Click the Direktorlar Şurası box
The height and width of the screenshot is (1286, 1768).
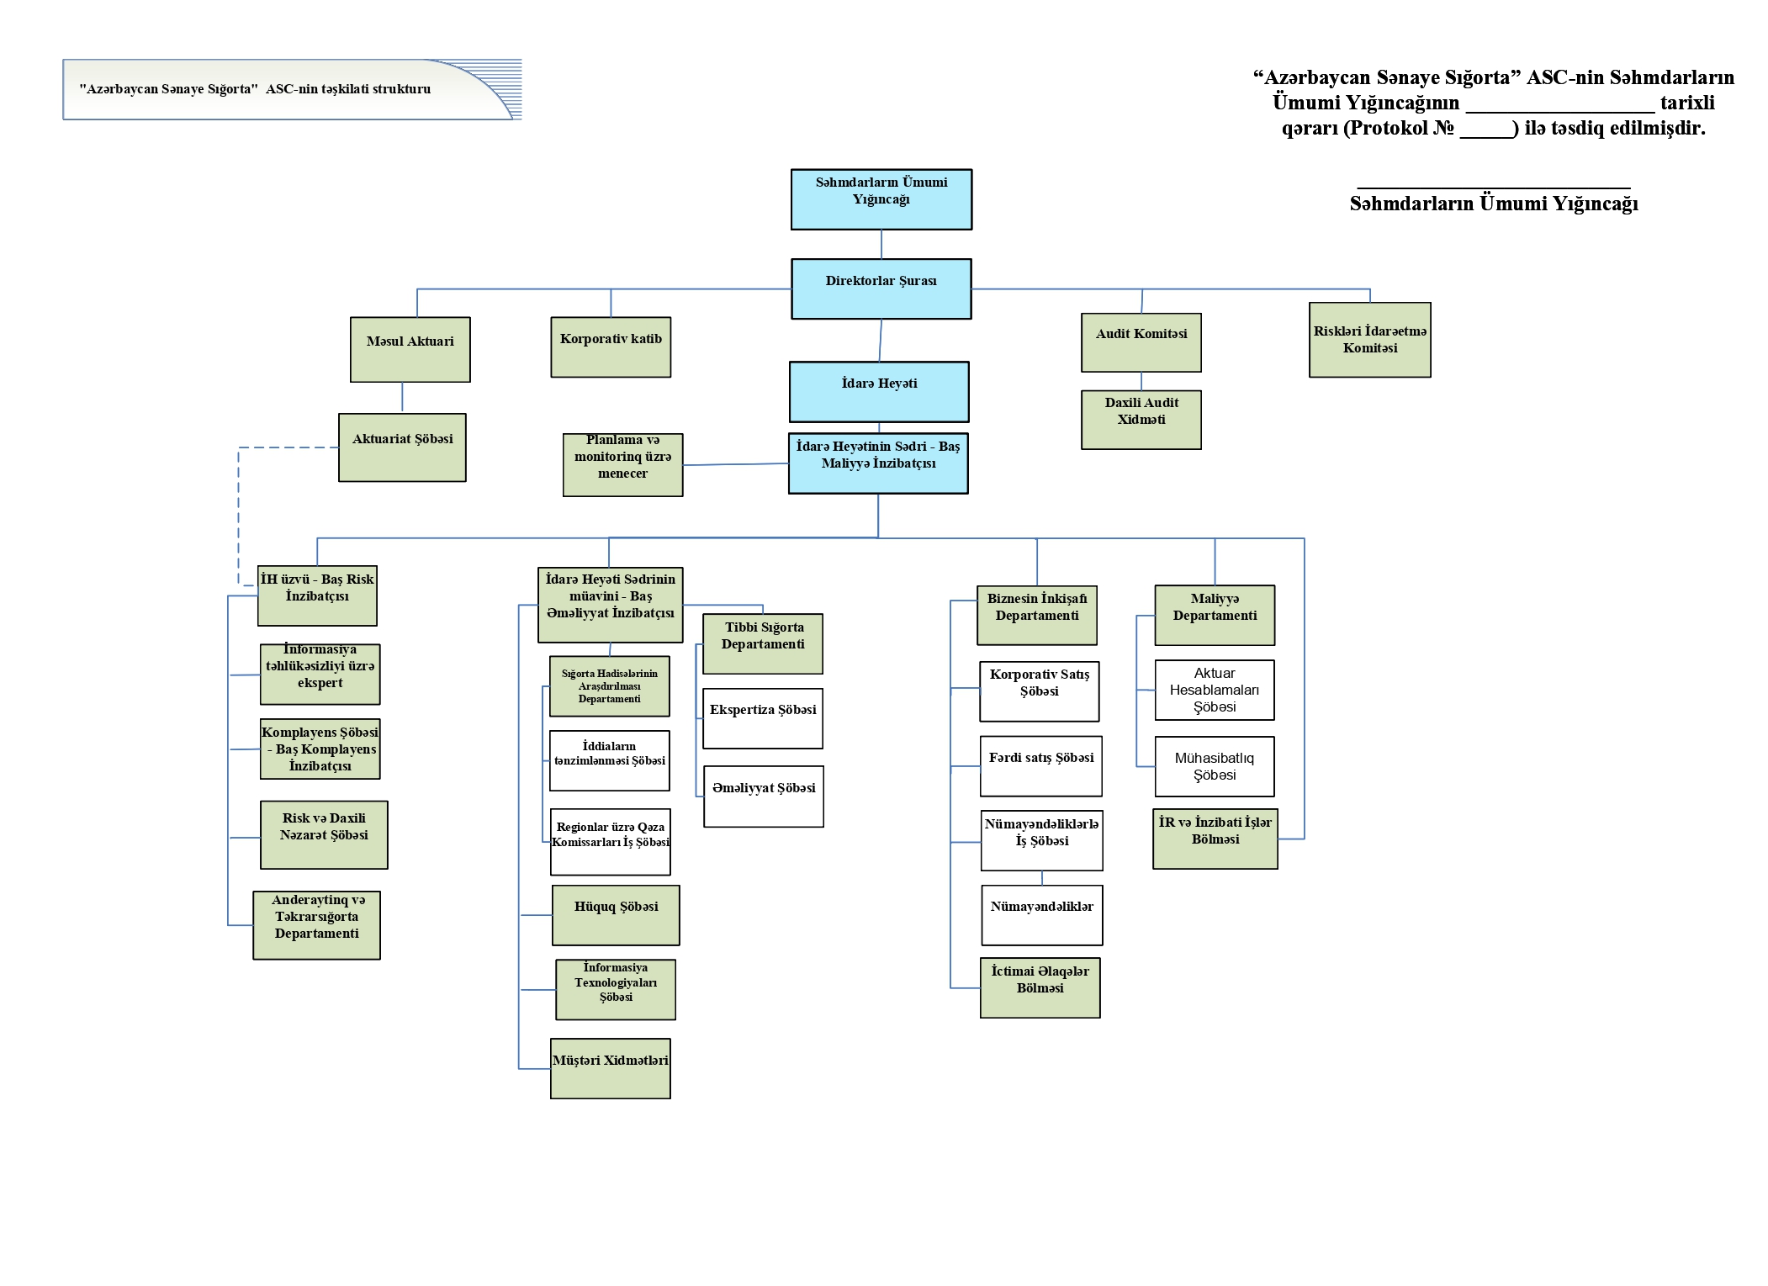click(x=881, y=288)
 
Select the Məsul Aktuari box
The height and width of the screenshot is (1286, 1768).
click(x=410, y=349)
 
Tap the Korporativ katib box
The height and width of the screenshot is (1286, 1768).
click(x=611, y=347)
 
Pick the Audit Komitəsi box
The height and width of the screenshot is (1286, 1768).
click(x=1141, y=342)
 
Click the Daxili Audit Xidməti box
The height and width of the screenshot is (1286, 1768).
click(x=1141, y=419)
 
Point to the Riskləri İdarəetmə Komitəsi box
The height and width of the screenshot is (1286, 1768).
click(x=1369, y=340)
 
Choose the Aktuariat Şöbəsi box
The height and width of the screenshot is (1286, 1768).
click(x=402, y=447)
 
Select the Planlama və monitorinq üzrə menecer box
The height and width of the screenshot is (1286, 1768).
click(x=622, y=464)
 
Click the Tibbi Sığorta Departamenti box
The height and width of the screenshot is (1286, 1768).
click(x=762, y=643)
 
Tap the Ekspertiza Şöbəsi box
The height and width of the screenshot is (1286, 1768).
click(x=762, y=718)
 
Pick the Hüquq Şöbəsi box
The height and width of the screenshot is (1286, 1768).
click(x=616, y=915)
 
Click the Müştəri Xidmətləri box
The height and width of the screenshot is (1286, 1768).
click(x=610, y=1068)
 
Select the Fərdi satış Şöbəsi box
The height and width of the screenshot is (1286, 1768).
click(x=1040, y=765)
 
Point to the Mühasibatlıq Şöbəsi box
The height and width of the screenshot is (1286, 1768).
click(x=1214, y=766)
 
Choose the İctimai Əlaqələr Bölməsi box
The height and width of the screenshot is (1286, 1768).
click(x=1040, y=987)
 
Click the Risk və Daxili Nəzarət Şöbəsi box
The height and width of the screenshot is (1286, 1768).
click(x=324, y=834)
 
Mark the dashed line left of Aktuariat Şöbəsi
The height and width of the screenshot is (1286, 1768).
click(x=239, y=513)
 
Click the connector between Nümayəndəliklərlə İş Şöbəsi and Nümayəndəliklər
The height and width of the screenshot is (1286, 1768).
click(x=1042, y=878)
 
